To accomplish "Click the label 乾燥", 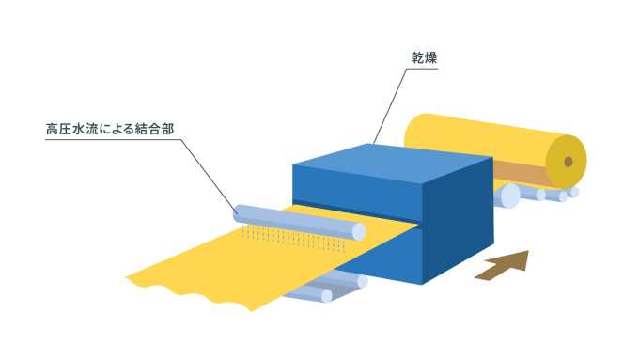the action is tap(424, 58).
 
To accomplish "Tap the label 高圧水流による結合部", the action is tap(110, 129).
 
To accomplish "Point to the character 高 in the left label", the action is tap(53, 129).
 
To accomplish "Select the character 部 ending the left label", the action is tap(168, 129).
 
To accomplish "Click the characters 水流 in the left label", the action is tap(78, 129).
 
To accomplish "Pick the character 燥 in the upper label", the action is tap(430, 58).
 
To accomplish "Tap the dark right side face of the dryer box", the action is tap(458, 221).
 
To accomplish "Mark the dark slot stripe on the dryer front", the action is tap(355, 212).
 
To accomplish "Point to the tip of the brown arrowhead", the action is tap(528, 251).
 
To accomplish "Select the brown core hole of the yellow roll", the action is tap(569, 162).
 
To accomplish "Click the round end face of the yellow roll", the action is tap(566, 162).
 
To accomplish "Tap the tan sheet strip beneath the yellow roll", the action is tap(520, 173).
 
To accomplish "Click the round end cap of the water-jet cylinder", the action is tap(359, 231).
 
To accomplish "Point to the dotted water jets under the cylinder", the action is tap(293, 238).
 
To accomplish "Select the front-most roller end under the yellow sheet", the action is tap(327, 296).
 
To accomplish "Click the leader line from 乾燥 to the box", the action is tap(390, 106).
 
